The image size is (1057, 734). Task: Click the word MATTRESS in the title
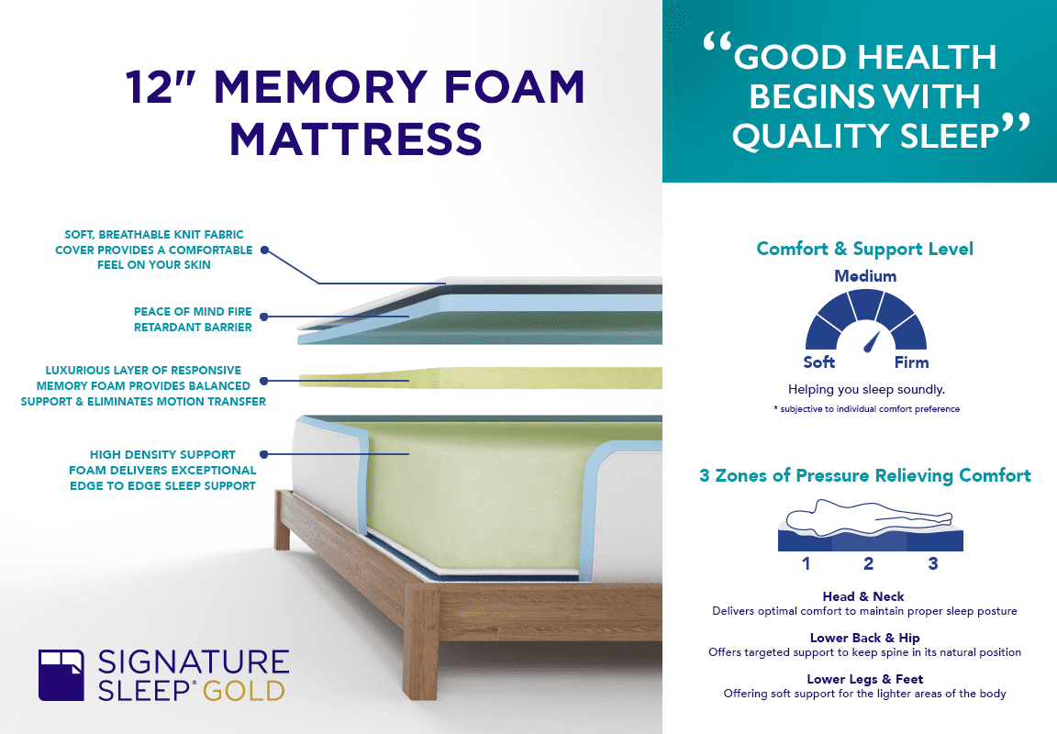[x=355, y=139]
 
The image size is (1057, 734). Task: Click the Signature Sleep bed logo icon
[x=61, y=674]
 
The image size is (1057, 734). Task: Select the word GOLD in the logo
[x=243, y=691]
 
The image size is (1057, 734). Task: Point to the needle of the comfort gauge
[x=872, y=341]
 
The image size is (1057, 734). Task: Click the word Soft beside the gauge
[x=819, y=362]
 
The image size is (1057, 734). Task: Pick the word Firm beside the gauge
[x=911, y=362]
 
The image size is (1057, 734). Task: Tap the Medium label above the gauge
[x=865, y=276]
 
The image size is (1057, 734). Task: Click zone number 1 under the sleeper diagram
[x=807, y=563]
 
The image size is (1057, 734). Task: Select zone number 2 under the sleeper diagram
[x=868, y=563]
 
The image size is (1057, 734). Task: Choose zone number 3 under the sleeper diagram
[x=933, y=563]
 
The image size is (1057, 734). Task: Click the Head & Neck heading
[x=863, y=596]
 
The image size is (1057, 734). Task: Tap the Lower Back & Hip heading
[x=865, y=638]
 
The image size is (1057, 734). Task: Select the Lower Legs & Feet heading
[x=865, y=679]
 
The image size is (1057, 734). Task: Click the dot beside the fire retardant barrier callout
[x=264, y=317]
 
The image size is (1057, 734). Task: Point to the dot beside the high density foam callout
[x=264, y=454]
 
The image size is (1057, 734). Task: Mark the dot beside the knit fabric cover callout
[x=265, y=250]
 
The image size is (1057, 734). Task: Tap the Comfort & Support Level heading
[x=865, y=249]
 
